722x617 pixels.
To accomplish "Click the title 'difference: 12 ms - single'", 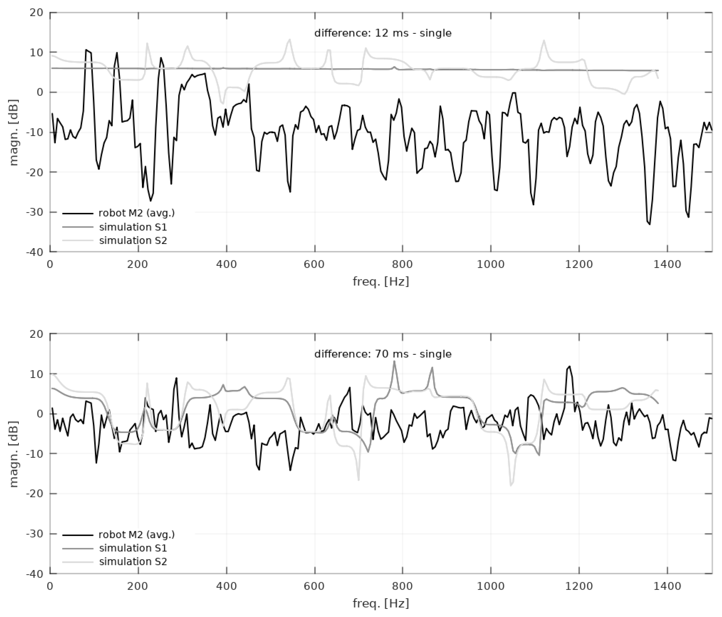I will click(x=383, y=33).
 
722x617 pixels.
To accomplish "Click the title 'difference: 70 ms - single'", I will click(x=383, y=354).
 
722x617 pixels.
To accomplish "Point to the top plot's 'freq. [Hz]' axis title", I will click(x=380, y=281).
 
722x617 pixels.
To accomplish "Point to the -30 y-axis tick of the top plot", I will click(x=35, y=212).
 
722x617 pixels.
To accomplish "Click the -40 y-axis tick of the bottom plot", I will click(x=35, y=574).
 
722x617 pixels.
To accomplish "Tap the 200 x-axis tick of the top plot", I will click(x=138, y=264).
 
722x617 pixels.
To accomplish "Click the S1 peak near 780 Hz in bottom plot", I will click(x=394, y=361).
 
